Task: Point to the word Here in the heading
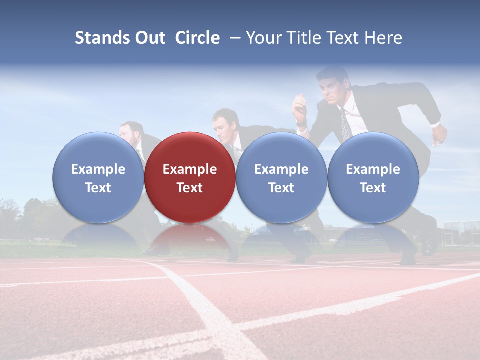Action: [384, 38]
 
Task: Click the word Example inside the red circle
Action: [190, 169]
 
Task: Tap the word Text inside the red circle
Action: [190, 188]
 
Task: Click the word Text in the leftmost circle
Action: [98, 188]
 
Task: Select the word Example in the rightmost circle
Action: [373, 169]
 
